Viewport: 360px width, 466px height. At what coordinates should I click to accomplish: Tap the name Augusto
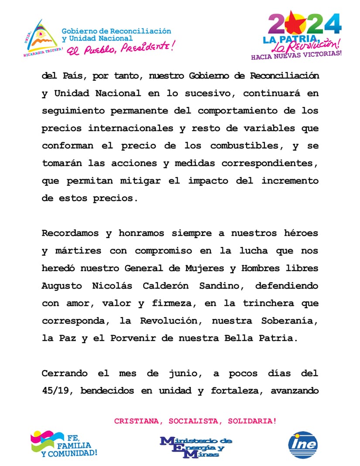click(62, 286)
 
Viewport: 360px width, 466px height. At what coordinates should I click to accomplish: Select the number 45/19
click(58, 391)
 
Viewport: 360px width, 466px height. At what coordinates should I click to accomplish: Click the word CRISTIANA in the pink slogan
click(134, 421)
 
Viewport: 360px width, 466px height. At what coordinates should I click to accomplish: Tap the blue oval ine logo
click(303, 445)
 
